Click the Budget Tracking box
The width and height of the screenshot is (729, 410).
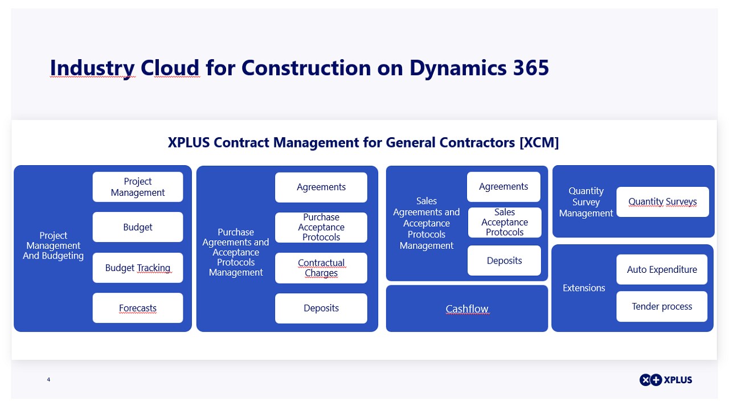(138, 268)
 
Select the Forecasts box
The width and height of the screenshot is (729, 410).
(138, 308)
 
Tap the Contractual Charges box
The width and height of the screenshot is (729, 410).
(321, 268)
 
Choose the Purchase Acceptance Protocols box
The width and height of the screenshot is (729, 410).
(321, 227)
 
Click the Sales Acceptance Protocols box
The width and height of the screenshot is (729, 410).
(505, 222)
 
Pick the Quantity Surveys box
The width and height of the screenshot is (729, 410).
(662, 202)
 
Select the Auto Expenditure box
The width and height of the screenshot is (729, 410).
(662, 269)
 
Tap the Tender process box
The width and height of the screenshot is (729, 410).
(662, 306)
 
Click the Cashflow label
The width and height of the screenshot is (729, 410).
(467, 309)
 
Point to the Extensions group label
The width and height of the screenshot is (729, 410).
(584, 288)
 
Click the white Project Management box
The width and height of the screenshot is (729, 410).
(138, 187)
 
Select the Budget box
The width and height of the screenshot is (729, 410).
(138, 227)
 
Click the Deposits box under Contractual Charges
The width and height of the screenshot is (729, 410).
(321, 308)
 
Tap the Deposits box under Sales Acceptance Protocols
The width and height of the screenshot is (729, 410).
(504, 261)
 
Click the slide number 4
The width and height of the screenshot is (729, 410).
(48, 379)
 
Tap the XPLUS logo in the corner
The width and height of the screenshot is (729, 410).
(666, 380)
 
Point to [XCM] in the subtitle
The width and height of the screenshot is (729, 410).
(539, 142)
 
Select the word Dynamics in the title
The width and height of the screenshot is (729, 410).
(457, 68)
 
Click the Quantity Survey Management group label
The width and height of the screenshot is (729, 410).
(586, 202)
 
